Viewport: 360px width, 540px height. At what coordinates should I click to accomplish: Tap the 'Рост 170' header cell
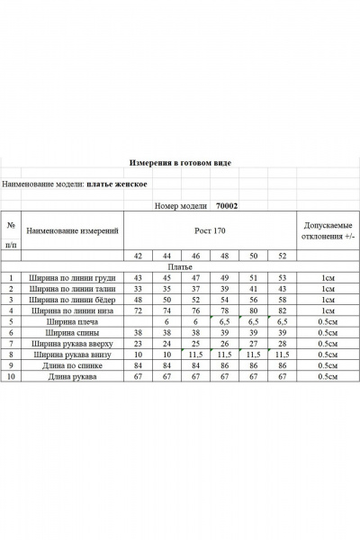[x=209, y=230]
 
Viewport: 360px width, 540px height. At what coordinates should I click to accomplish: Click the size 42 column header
[x=139, y=256]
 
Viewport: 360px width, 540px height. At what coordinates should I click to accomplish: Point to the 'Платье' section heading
[x=180, y=267]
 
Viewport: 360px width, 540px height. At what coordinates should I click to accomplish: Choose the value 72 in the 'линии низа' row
[x=139, y=310]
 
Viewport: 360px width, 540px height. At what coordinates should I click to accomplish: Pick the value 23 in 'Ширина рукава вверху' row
[x=139, y=343]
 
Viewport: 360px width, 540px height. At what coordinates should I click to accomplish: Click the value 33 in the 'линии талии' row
[x=139, y=289]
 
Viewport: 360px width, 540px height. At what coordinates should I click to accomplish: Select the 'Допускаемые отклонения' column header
[x=328, y=230]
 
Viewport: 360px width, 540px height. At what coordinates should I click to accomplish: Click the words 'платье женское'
[x=117, y=185]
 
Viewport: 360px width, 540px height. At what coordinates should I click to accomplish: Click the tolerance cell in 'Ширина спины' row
[x=328, y=332]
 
